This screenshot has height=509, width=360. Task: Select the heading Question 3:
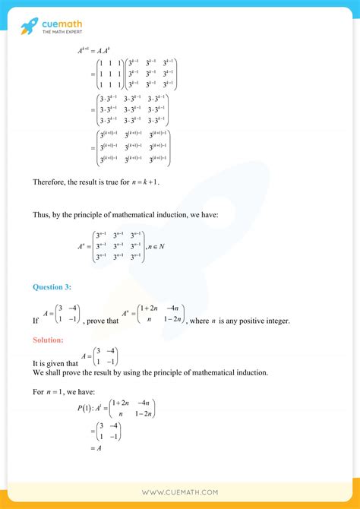coord(51,286)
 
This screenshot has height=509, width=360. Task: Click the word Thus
coord(41,215)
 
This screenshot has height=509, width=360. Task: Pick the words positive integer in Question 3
coord(267,321)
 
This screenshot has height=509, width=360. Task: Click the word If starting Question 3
coord(36,321)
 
